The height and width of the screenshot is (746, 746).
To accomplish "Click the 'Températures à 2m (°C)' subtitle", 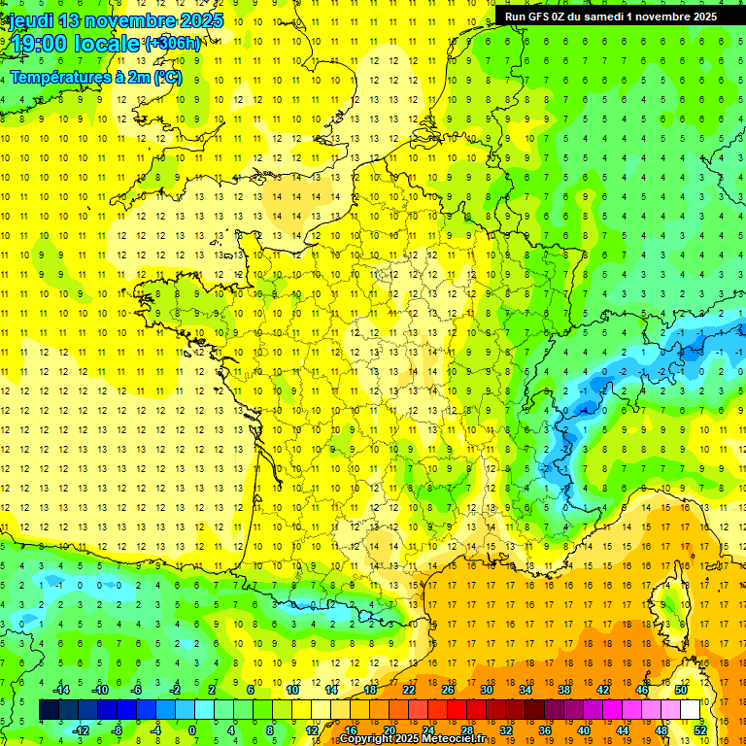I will pyautogui.click(x=95, y=77).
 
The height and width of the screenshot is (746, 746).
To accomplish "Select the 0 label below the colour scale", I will pyautogui.click(x=192, y=729).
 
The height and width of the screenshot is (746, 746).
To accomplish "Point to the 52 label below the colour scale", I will pyautogui.click(x=700, y=729).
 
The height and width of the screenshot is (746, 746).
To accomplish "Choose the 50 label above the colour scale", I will pyautogui.click(x=681, y=690).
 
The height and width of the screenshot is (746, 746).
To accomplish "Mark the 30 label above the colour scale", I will pyautogui.click(x=486, y=690).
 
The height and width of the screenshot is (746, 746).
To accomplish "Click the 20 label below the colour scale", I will pyautogui.click(x=389, y=729).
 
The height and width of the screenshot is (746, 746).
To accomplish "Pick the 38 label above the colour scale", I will pyautogui.click(x=564, y=690).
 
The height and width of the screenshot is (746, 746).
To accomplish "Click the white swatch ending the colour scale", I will pyautogui.click(x=691, y=710).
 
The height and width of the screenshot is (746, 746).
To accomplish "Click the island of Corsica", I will pyautogui.click(x=669, y=602).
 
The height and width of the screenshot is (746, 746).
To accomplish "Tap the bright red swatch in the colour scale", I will pyautogui.click(x=457, y=710).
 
